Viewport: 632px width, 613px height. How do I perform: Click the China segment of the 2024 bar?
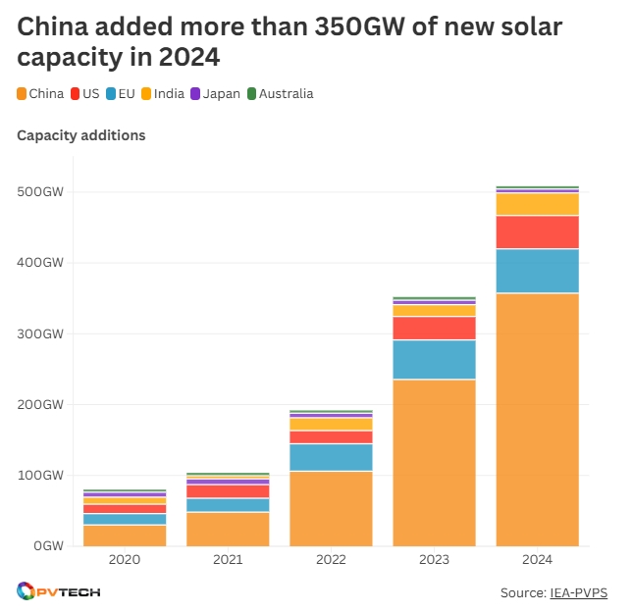[537, 419]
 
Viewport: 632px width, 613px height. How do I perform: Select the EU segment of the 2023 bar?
[434, 359]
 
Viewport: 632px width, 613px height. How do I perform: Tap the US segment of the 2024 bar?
[537, 231]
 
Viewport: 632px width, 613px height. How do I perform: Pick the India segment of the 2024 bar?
[537, 204]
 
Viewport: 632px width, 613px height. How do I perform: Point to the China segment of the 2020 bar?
[125, 535]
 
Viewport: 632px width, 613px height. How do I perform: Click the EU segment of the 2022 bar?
[331, 457]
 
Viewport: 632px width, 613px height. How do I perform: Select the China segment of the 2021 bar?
[228, 529]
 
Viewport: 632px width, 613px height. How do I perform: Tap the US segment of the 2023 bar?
[434, 328]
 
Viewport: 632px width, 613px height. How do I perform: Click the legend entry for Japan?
[215, 94]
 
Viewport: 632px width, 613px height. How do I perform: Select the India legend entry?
[162, 94]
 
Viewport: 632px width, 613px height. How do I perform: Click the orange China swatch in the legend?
[22, 94]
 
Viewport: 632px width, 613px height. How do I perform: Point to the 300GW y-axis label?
[40, 333]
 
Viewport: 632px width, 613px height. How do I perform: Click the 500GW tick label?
[40, 192]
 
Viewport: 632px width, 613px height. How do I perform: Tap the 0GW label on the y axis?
[46, 545]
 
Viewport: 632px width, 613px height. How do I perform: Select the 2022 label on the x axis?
[331, 560]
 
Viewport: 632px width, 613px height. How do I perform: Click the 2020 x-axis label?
[125, 560]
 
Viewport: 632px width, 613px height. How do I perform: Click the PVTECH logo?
[59, 591]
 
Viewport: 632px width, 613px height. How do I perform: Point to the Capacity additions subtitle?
[81, 135]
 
